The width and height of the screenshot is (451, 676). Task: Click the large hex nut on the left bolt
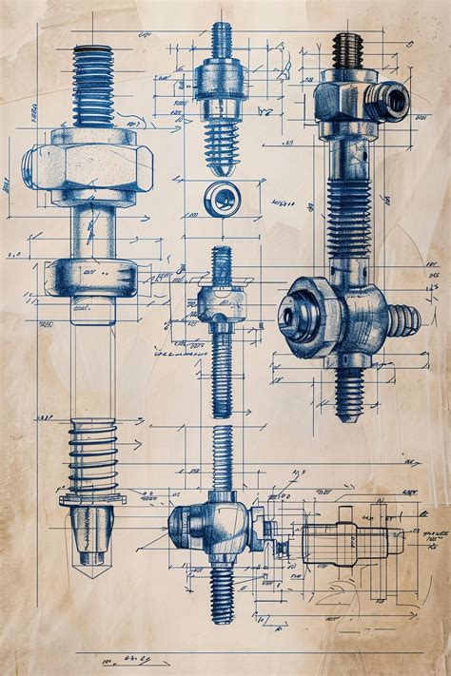[x=92, y=166]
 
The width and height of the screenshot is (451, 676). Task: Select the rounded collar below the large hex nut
[x=92, y=275]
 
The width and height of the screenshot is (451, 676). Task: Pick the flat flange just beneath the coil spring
[x=92, y=498]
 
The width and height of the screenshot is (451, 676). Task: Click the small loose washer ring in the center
[x=222, y=198]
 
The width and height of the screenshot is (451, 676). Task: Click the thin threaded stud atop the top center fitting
[x=222, y=38]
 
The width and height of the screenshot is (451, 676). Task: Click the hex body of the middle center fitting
[x=221, y=302]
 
